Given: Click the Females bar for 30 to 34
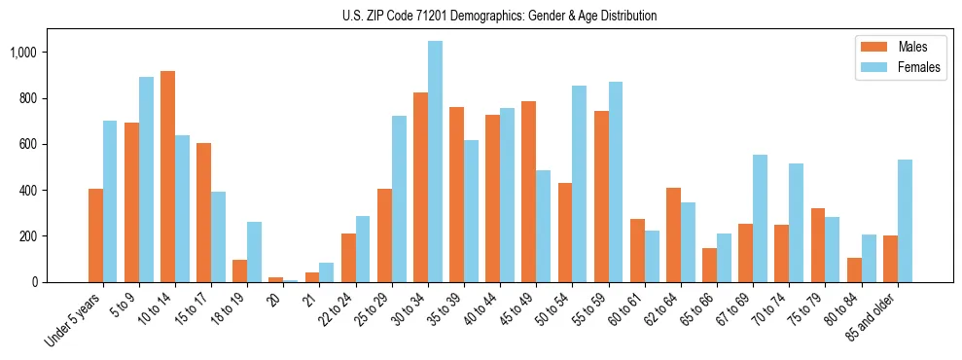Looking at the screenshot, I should pos(435,162).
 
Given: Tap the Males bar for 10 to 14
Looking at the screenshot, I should pos(167,177).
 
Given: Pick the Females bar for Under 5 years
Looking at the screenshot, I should pos(110,201).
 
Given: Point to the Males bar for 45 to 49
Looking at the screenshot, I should pos(528,192).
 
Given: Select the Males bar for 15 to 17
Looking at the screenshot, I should pos(203,213).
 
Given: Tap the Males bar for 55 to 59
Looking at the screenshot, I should pos(600,197).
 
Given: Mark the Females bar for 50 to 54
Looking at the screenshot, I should pos(579,184).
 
